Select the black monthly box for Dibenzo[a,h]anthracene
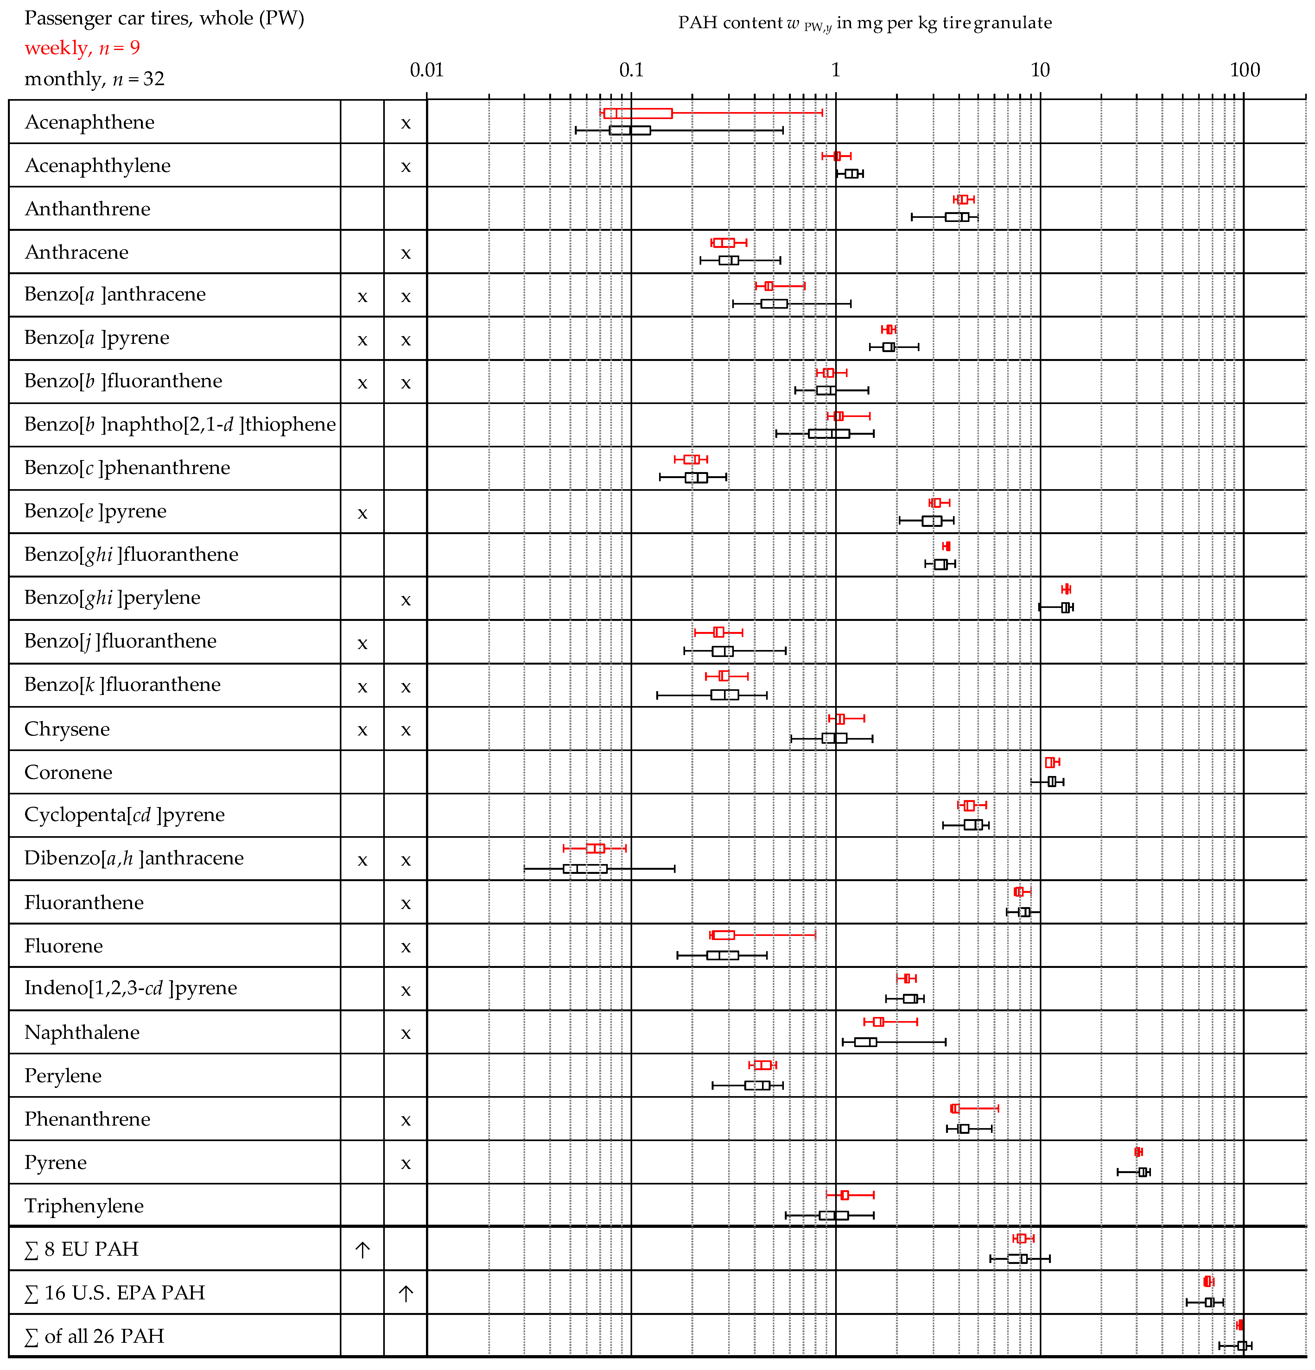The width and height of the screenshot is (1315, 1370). coord(585,869)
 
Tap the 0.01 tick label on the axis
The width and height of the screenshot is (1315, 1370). coord(426,70)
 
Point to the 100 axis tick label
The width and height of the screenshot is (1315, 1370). coord(1244,70)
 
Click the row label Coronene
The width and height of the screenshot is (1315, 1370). coord(68,772)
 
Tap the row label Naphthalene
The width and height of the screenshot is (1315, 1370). coord(82,1032)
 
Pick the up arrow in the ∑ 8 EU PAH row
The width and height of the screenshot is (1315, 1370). coord(362,1250)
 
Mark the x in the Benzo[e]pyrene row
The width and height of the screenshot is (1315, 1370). coord(362,513)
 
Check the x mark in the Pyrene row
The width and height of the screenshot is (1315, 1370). coord(405,1164)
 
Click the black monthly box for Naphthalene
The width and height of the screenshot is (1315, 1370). coord(866,1042)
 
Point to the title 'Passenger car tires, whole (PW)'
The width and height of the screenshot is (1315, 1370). coord(164,18)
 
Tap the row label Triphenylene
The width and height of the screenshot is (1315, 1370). coord(84,1206)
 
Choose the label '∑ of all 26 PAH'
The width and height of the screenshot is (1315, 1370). coord(94,1336)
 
